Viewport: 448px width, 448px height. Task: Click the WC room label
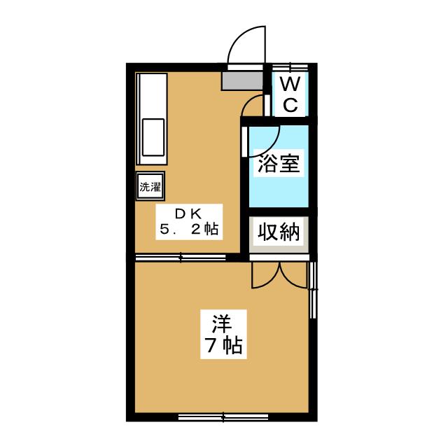(x=290, y=94)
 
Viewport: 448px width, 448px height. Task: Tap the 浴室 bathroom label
(x=279, y=163)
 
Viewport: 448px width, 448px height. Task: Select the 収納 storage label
(x=279, y=232)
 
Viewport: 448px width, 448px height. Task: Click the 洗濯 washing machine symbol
(x=150, y=187)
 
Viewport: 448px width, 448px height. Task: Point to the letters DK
(x=188, y=213)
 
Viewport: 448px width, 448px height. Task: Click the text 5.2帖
(x=189, y=229)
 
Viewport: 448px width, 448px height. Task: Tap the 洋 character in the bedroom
(x=222, y=323)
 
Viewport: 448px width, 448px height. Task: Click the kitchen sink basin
(x=153, y=137)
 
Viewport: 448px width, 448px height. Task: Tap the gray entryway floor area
(x=242, y=81)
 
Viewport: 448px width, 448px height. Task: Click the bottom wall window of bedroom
(x=223, y=417)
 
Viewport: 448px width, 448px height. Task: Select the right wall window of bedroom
(x=313, y=290)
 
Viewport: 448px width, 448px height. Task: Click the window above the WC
(x=290, y=67)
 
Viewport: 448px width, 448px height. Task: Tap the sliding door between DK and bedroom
(x=181, y=258)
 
